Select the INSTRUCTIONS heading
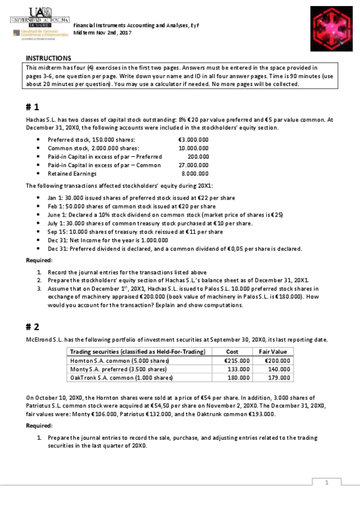48,58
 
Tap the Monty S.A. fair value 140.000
278,369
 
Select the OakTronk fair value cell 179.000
278,378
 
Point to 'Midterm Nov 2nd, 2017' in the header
102,32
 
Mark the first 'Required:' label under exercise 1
39,260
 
